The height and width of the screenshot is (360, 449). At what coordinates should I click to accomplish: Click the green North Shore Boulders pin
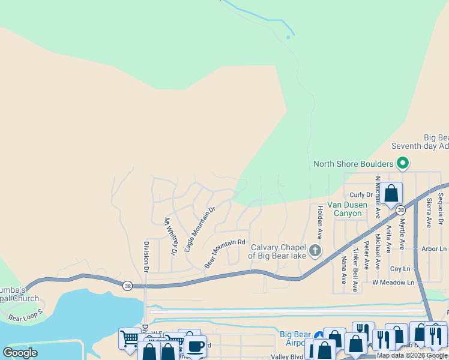403,163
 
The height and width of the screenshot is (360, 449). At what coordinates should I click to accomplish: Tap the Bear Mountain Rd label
226,254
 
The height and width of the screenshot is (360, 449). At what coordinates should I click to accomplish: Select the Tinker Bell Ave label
355,269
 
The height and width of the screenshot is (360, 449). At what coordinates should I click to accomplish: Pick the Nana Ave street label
344,270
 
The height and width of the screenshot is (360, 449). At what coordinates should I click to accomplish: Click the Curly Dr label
361,195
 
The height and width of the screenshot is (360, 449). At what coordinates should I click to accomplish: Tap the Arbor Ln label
435,248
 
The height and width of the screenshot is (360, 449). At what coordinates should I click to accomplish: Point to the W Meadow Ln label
393,282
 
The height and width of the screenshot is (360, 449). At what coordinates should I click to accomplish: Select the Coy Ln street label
399,269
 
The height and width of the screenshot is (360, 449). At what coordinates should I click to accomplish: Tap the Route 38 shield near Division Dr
127,286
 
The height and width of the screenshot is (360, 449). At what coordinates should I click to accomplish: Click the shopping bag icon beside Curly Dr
391,194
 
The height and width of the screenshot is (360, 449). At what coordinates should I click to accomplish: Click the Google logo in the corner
20,352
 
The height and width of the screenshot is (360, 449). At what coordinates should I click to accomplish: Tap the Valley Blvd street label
288,356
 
